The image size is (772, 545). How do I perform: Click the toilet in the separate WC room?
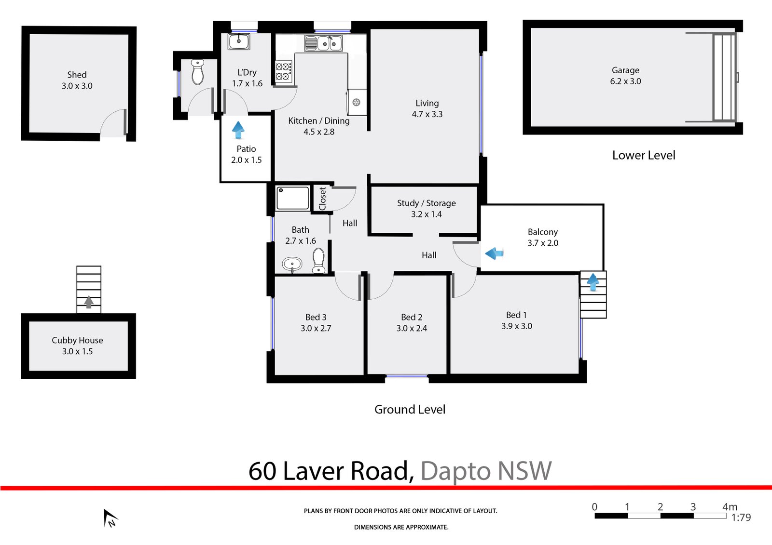coord(197,72)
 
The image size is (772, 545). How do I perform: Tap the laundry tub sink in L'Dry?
coord(239,41)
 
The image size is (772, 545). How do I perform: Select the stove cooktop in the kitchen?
coord(283,71)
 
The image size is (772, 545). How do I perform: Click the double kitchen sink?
coord(323,44)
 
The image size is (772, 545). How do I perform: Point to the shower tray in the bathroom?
coord(292,199)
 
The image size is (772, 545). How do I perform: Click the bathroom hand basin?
coord(292,264)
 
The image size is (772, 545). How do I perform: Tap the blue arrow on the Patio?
coord(238,130)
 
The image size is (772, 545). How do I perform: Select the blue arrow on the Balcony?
coord(494,253)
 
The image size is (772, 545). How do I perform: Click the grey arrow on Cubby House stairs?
coord(89,302)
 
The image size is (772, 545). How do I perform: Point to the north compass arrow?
coord(110,518)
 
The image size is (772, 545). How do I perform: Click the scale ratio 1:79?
coord(741,518)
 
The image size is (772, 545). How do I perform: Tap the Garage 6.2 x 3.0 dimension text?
coord(625,81)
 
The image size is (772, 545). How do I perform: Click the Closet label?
coord(322,199)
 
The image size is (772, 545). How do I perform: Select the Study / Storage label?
coord(426,203)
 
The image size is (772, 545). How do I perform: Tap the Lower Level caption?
coord(644,156)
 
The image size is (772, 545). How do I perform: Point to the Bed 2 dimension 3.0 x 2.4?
coord(412,329)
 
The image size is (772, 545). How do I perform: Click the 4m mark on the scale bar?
coord(729,507)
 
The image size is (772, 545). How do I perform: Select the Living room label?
coord(427,103)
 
